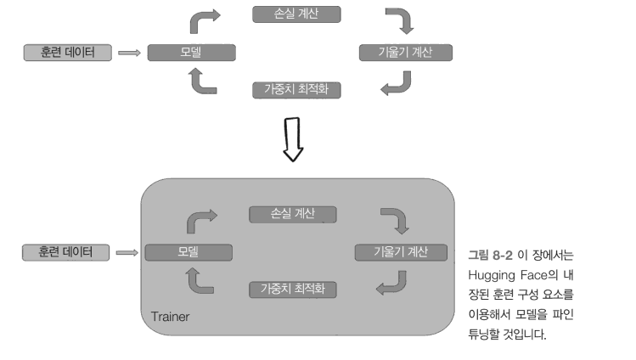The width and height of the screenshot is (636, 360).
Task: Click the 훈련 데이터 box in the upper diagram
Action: pyautogui.click(x=68, y=53)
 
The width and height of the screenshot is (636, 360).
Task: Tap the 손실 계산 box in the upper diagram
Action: pyautogui.click(x=296, y=14)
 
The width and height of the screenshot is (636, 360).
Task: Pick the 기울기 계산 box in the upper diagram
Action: pyautogui.click(x=405, y=53)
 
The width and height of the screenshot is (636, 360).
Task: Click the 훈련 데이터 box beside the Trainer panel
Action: pyautogui.click(x=66, y=252)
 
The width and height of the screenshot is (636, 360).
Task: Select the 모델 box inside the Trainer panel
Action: pyautogui.click(x=187, y=252)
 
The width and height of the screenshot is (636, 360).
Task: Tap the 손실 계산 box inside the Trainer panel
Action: pyautogui.click(x=293, y=214)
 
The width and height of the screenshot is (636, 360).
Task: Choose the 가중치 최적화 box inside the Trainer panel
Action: pyautogui.click(x=293, y=290)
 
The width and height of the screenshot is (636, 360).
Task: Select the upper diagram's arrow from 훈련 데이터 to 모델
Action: pyautogui.click(x=129, y=53)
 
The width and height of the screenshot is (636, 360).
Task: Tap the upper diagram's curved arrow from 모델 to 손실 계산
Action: pyautogui.click(x=205, y=20)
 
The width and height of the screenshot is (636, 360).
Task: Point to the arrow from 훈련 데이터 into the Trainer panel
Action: pyautogui.click(x=127, y=252)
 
